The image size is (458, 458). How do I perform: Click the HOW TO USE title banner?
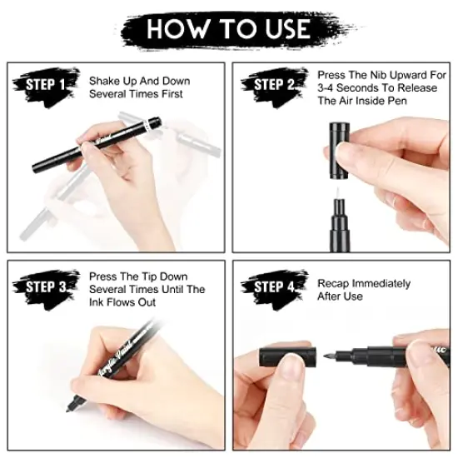(228, 28)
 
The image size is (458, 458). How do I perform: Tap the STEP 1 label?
(45, 84)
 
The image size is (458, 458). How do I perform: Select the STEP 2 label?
(273, 84)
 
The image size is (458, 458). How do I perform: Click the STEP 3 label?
(45, 288)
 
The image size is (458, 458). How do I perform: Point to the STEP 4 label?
(273, 288)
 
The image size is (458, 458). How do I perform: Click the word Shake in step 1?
(106, 81)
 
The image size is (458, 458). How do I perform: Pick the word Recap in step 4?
(334, 282)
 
